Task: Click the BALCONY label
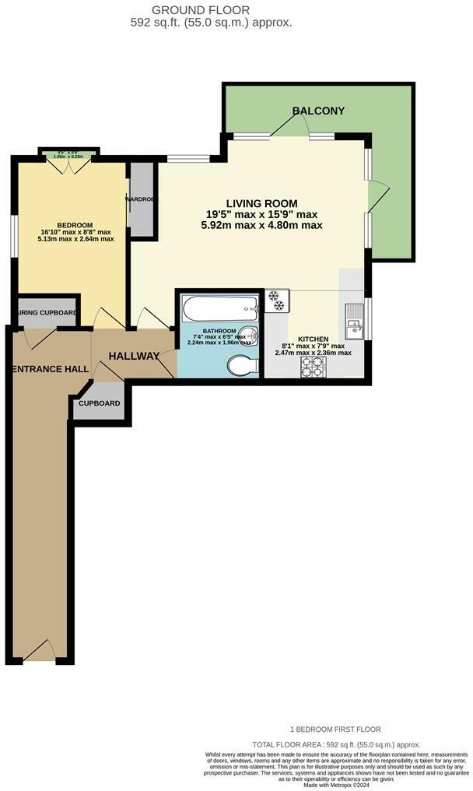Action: click(x=318, y=111)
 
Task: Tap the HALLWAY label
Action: click(x=134, y=356)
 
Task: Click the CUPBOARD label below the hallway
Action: click(x=99, y=403)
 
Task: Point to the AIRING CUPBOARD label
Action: click(x=47, y=313)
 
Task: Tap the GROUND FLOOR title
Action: click(x=212, y=10)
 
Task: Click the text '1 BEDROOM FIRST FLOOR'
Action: click(x=335, y=729)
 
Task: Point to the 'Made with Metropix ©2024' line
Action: click(x=336, y=784)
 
